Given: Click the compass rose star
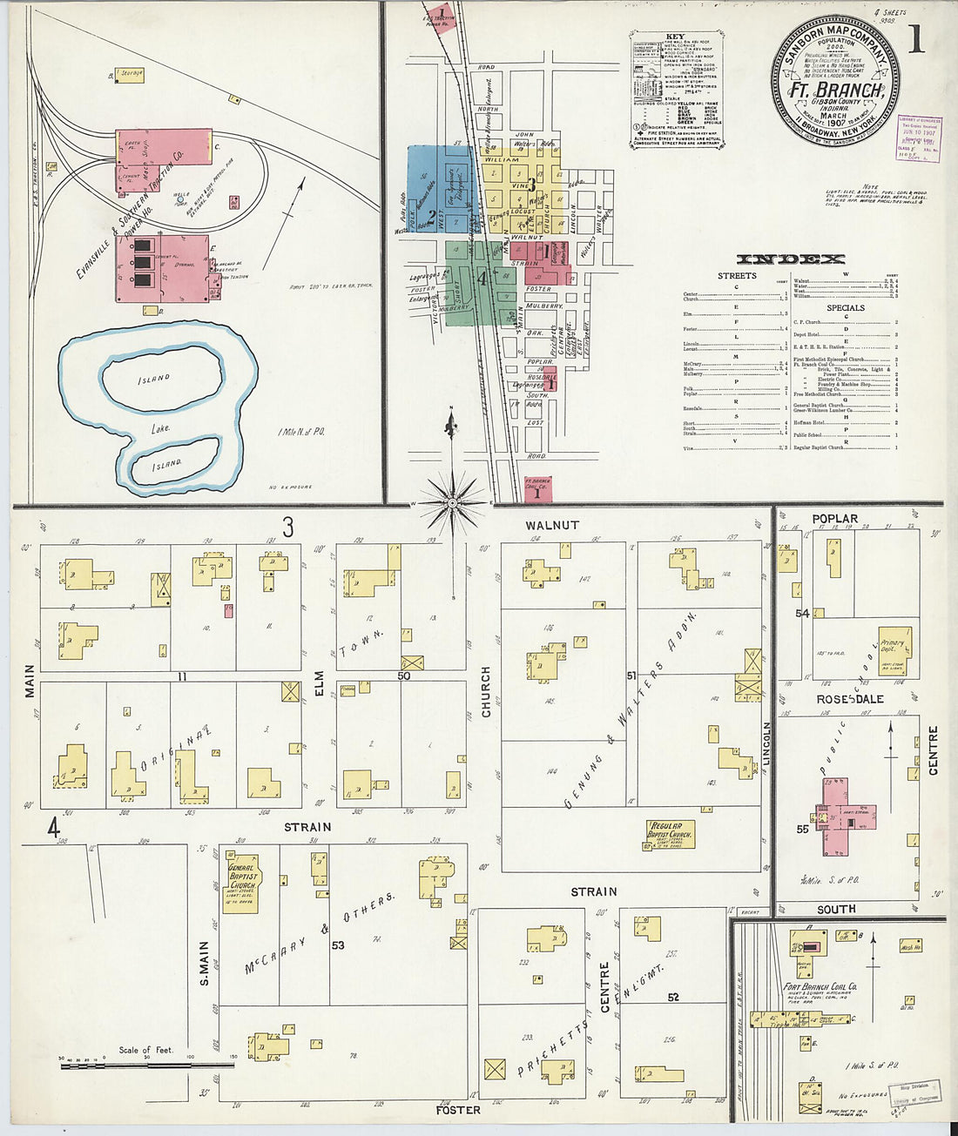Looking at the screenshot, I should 453,502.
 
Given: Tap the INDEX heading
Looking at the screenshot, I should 791,259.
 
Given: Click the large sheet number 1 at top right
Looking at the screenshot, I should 916,41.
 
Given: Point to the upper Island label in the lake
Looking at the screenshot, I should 153,379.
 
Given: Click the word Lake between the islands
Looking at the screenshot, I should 160,427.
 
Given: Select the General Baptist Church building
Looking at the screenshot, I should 240,879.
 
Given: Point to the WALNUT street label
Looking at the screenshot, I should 551,526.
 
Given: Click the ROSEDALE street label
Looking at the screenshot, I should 849,699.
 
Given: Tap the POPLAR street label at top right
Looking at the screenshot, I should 834,519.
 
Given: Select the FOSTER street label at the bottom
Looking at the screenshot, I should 458,1110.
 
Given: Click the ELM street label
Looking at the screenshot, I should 319,682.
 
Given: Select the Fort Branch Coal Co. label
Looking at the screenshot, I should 820,987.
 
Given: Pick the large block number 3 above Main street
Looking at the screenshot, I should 287,528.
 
